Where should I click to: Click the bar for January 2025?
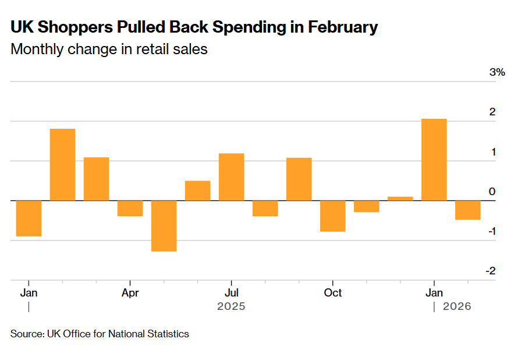click(x=29, y=218)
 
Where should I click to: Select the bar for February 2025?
click(x=62, y=164)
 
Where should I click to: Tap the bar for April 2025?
click(x=130, y=208)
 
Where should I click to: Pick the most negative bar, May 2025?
click(x=164, y=226)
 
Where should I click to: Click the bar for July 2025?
click(x=231, y=177)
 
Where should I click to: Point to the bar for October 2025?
click(x=332, y=216)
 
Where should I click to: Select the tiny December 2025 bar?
click(x=400, y=198)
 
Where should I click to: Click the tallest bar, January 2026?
click(x=434, y=160)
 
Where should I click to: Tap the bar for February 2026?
click(x=467, y=210)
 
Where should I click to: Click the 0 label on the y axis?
click(x=492, y=192)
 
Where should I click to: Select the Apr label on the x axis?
click(x=130, y=292)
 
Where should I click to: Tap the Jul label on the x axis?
click(x=231, y=292)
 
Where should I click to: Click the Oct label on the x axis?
click(x=332, y=292)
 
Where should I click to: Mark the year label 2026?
click(x=457, y=306)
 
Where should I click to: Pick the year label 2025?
click(x=231, y=306)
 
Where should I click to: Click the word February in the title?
click(x=343, y=27)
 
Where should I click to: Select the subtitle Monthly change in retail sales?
click(x=109, y=49)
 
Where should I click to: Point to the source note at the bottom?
click(x=100, y=334)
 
